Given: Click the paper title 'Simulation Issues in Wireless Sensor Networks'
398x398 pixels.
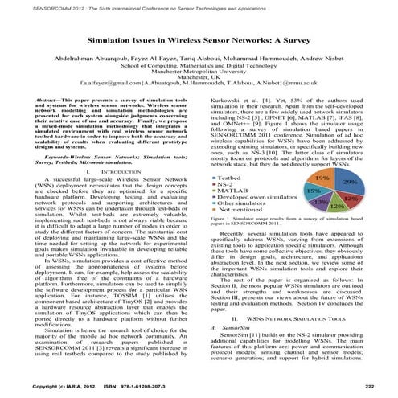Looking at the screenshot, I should tap(199, 39).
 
